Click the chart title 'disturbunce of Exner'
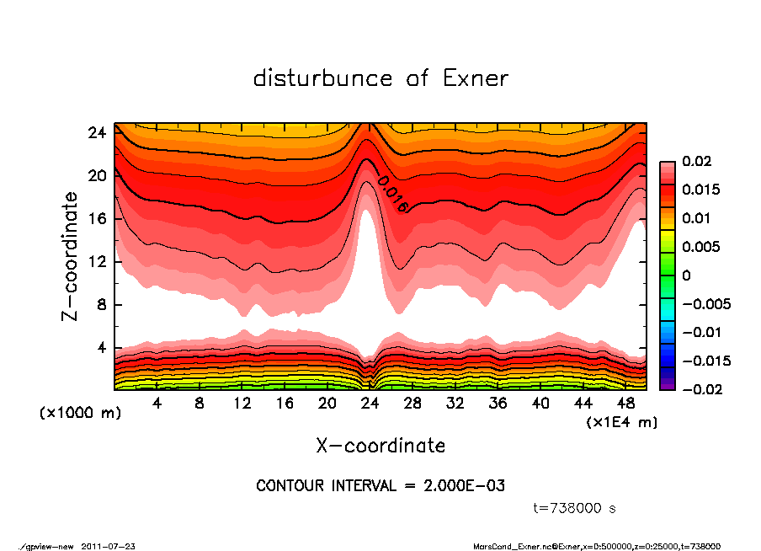[380, 78]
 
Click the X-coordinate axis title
[380, 445]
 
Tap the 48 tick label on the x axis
[627, 403]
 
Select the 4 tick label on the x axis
[157, 403]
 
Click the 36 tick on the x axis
[498, 403]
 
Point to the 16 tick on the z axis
[97, 219]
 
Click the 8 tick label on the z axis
[101, 305]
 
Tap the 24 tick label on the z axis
[97, 132]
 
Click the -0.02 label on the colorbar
[699, 389]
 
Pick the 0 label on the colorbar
[686, 275]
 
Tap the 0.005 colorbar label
[699, 247]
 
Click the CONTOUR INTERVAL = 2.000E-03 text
[380, 485]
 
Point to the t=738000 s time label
[575, 508]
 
